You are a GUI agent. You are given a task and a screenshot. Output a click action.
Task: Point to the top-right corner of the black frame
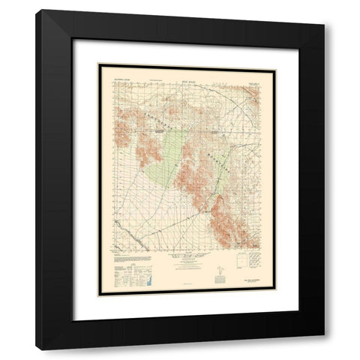tap(324, 10)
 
